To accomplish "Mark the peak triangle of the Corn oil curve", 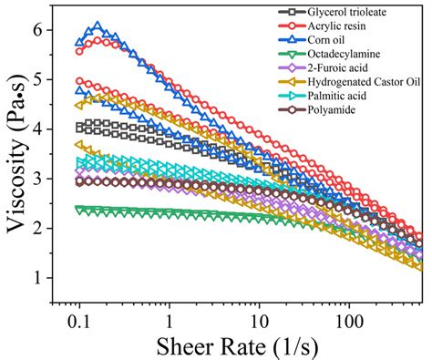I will [x=98, y=27].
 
